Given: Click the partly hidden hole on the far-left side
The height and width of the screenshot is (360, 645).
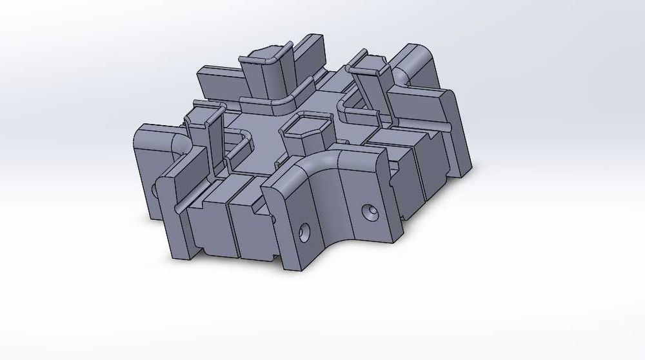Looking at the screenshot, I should pyautogui.click(x=155, y=190).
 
